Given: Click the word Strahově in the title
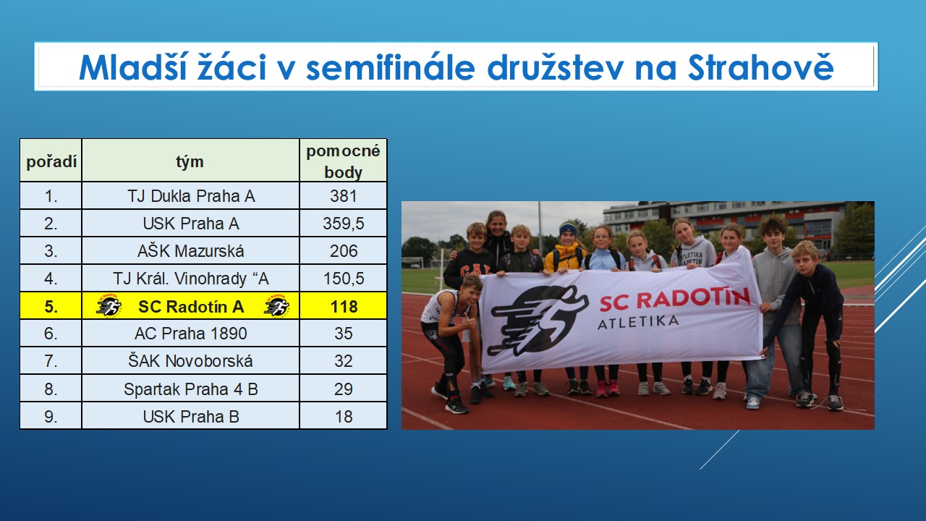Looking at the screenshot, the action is (x=760, y=67).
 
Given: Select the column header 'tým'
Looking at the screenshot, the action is (x=190, y=161).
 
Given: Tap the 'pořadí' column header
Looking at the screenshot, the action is (x=51, y=161).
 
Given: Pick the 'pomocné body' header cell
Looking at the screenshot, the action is (x=343, y=161).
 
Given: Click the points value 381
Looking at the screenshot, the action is (x=343, y=196).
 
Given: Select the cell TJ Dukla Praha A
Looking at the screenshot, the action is (x=190, y=196).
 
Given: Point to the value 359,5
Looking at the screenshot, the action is (x=343, y=224).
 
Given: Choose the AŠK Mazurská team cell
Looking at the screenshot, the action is (x=190, y=251).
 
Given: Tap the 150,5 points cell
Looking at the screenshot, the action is (x=343, y=279).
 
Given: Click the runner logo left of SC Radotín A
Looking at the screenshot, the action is (x=109, y=306).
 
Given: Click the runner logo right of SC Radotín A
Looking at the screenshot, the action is (x=277, y=306).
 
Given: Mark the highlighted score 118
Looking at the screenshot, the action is (x=344, y=306).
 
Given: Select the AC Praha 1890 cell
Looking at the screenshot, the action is (x=190, y=334).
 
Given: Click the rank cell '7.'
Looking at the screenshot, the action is (x=51, y=361).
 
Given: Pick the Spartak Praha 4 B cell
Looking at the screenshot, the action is (x=190, y=389).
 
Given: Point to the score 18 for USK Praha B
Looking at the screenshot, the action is (x=343, y=416).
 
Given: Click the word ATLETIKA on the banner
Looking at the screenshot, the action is (x=638, y=322).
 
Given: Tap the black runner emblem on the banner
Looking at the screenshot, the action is (x=538, y=321).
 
